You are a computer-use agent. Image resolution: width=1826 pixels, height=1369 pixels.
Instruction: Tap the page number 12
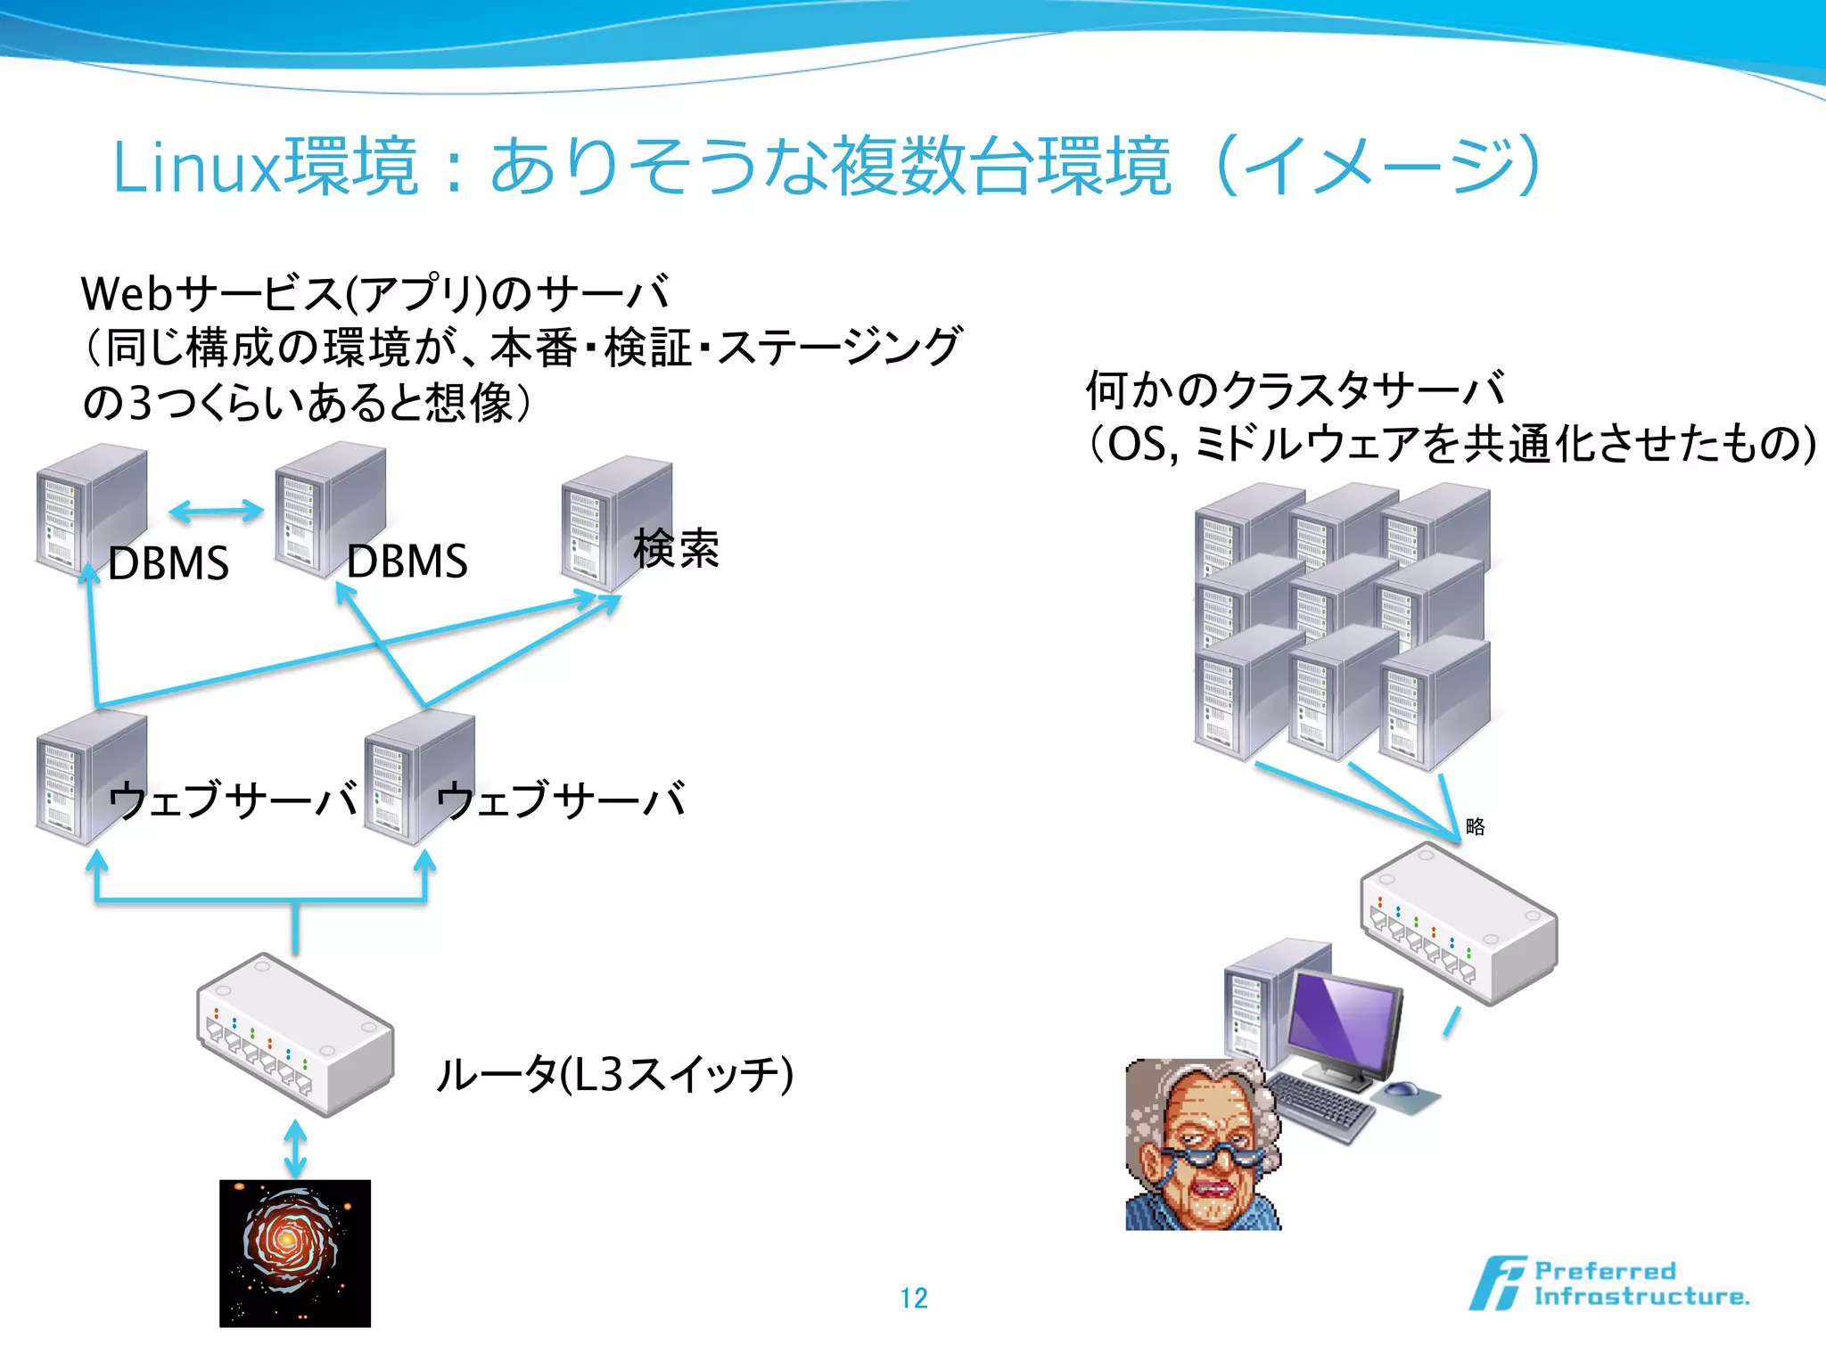coord(914,1298)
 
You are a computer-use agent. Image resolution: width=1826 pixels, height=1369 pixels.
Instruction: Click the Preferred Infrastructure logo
coord(1609,1283)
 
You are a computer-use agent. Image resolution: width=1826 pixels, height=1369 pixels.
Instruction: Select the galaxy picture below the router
coord(295,1252)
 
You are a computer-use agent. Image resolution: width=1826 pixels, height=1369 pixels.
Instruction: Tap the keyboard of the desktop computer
coord(1320,1105)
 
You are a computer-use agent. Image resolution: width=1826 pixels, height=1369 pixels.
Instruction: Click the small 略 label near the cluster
coord(1476,826)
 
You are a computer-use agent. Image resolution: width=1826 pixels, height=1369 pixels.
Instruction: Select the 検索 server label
coord(676,548)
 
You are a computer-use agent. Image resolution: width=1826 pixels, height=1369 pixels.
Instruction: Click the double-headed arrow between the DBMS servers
coord(216,511)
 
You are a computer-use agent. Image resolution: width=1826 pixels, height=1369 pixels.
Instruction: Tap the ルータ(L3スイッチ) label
coord(613,1074)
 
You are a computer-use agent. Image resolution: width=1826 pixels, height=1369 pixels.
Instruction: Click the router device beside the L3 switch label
coord(295,1034)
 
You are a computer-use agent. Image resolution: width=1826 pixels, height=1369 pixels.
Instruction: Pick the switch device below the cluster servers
coord(1459,922)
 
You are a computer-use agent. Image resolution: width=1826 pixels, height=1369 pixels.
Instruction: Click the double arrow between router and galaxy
coord(295,1149)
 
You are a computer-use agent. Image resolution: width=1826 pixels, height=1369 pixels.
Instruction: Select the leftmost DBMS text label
coord(169,563)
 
